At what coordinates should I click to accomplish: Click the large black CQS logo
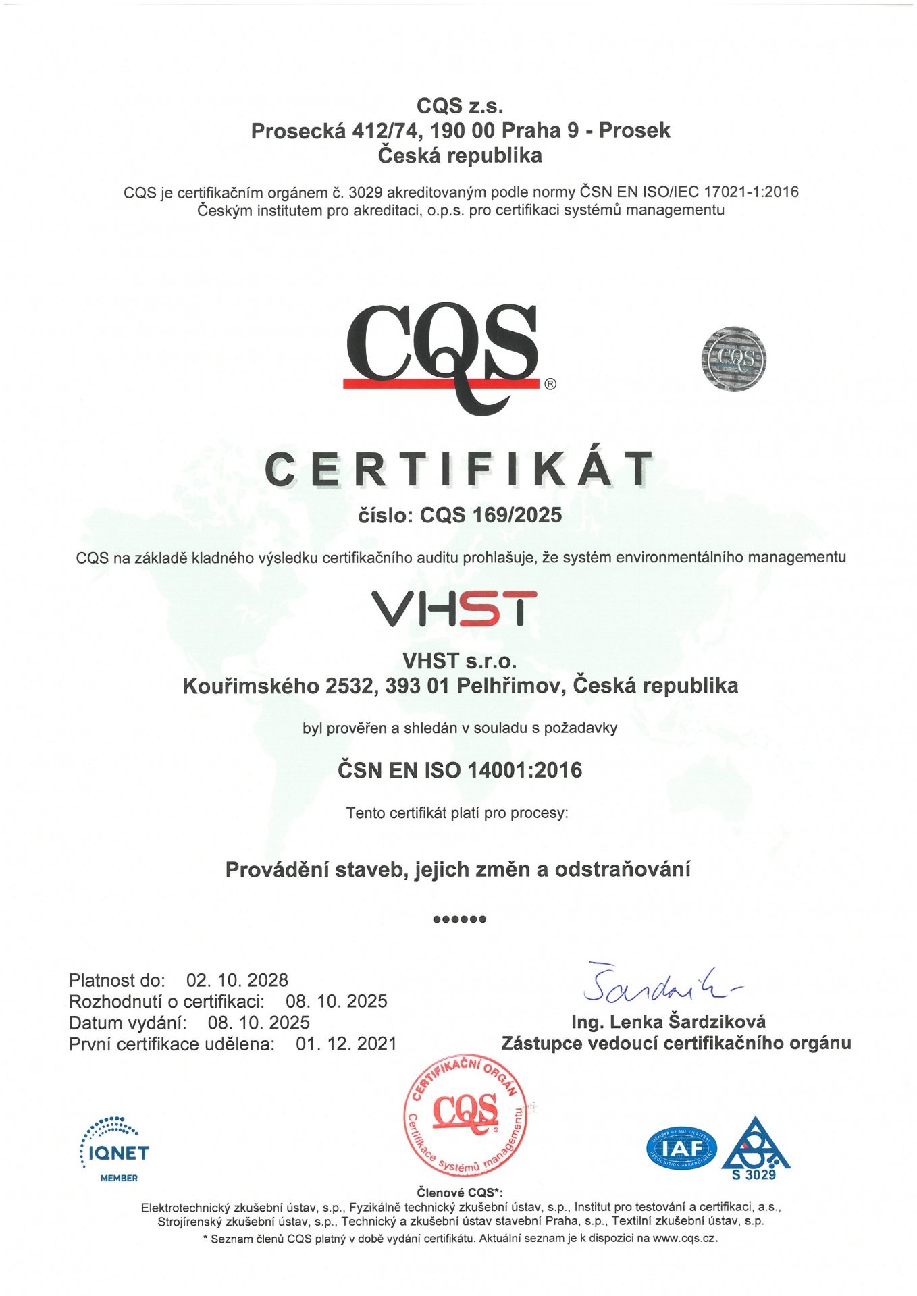click(x=442, y=354)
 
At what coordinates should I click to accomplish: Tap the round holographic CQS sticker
click(x=733, y=359)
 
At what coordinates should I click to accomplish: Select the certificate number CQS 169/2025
click(x=491, y=515)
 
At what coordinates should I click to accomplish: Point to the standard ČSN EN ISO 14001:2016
click(x=459, y=770)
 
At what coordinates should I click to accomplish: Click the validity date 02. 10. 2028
click(x=237, y=980)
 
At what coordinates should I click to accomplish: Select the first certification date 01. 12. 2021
click(x=346, y=1044)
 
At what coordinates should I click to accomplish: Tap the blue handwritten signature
click(x=658, y=985)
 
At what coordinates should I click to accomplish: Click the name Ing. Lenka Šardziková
click(x=668, y=1021)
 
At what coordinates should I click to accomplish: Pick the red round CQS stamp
click(x=466, y=1116)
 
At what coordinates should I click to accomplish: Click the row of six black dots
click(x=459, y=919)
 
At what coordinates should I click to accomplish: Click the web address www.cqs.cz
click(x=684, y=1239)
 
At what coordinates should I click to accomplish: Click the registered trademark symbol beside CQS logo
click(x=550, y=384)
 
